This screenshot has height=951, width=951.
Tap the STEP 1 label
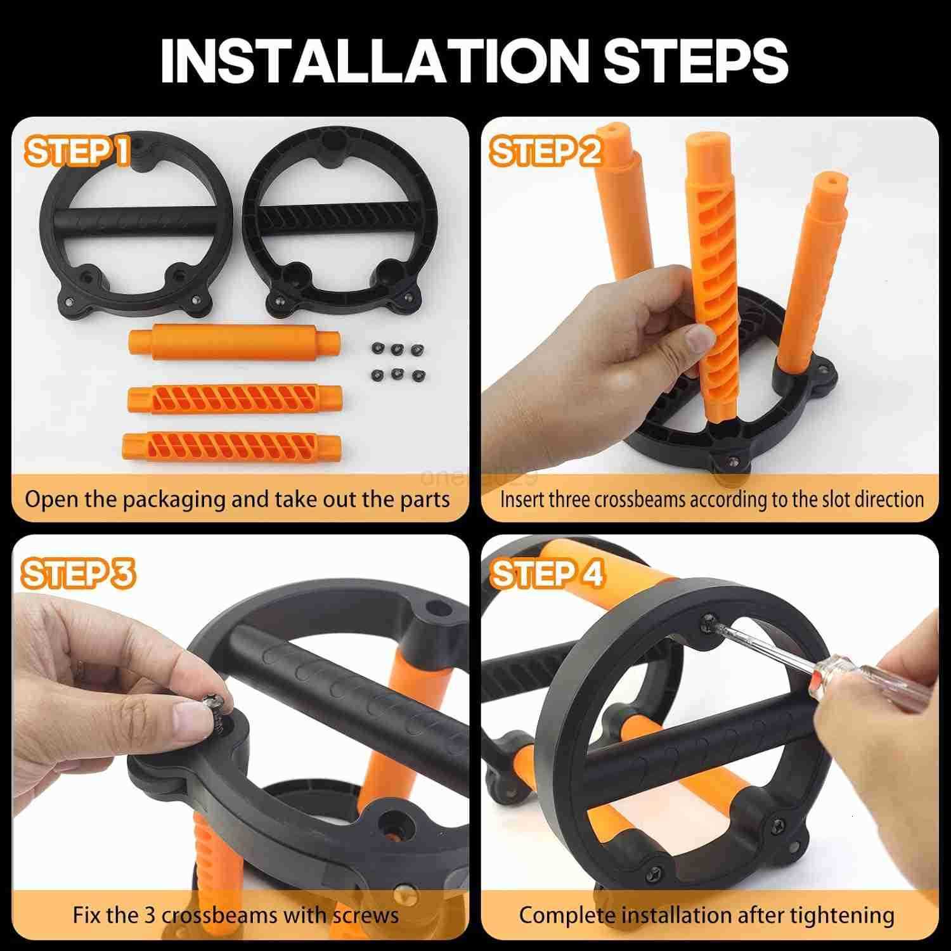(x=77, y=152)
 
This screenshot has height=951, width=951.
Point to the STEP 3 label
(x=79, y=574)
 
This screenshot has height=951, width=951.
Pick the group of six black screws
(x=398, y=362)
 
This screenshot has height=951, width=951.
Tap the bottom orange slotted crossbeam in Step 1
(x=231, y=448)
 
